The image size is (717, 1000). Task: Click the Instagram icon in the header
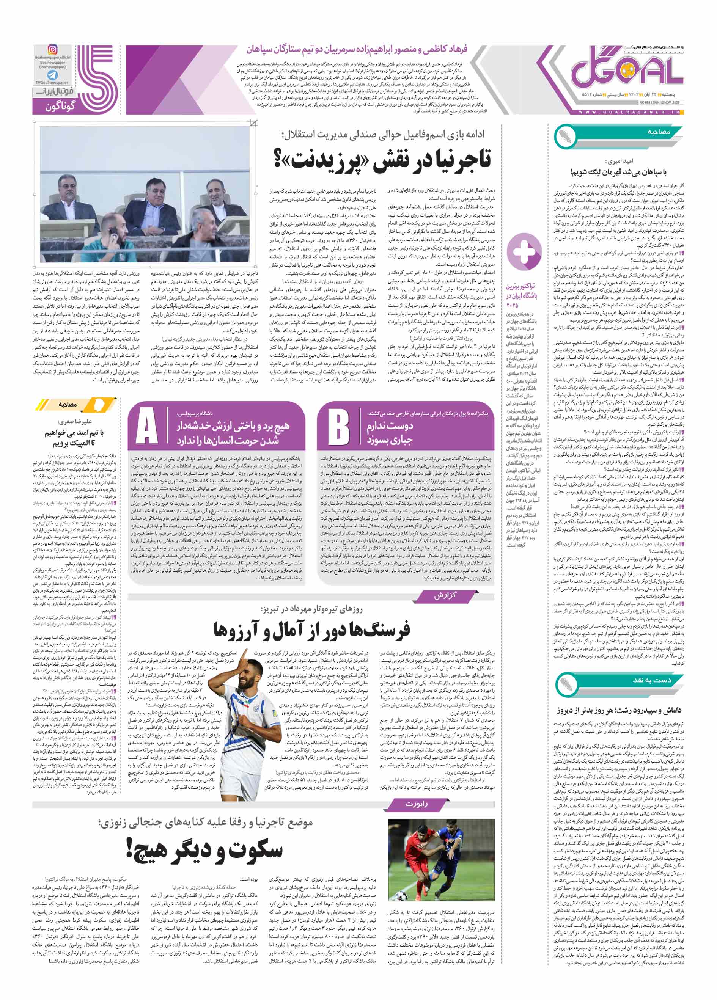pos(52,50)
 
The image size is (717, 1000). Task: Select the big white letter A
pos(147,426)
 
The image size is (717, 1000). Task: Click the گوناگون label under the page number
pos(60,106)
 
